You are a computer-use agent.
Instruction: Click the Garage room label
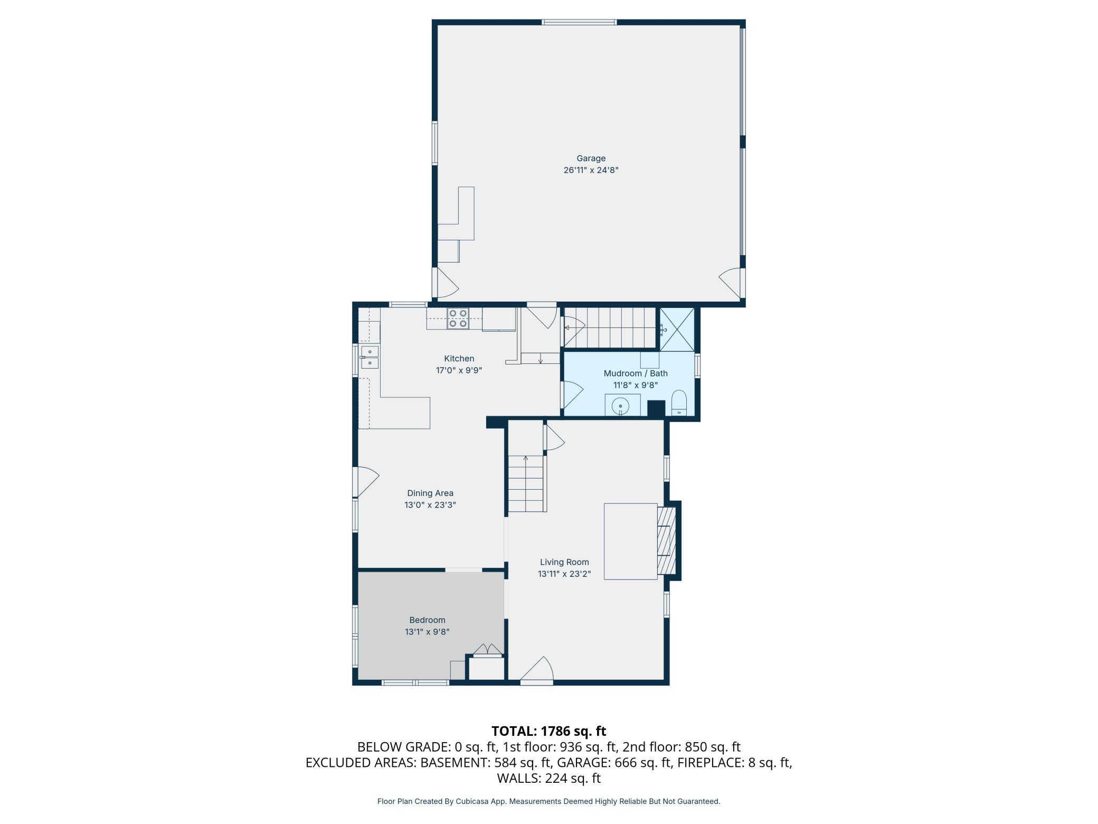click(x=591, y=158)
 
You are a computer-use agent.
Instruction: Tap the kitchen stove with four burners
click(x=458, y=319)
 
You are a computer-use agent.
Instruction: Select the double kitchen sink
click(x=370, y=357)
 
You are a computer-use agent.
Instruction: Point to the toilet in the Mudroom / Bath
click(x=679, y=403)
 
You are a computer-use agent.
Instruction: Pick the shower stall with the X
click(x=677, y=329)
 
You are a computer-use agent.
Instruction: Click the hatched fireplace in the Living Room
click(x=666, y=540)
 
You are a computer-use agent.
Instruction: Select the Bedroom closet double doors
click(x=487, y=649)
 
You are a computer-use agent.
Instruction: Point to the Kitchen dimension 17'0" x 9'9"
click(x=459, y=370)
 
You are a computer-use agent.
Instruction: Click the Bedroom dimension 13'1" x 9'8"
click(x=427, y=632)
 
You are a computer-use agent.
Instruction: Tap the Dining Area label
click(x=430, y=493)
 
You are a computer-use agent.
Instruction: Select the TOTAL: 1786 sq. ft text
click(x=549, y=731)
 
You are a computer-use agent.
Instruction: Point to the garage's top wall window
click(x=579, y=22)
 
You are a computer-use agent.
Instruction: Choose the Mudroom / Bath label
click(x=636, y=373)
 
